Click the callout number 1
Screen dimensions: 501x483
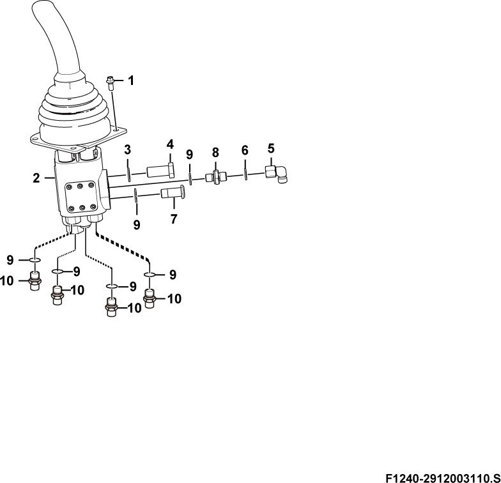(x=130, y=80)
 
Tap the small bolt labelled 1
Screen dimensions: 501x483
(x=110, y=83)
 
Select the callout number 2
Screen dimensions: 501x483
(x=36, y=178)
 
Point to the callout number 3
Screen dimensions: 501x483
(x=128, y=149)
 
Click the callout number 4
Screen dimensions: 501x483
(x=170, y=144)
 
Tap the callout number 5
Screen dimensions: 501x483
(x=271, y=148)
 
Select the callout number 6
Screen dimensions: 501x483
(x=245, y=149)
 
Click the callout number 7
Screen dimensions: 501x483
(x=174, y=219)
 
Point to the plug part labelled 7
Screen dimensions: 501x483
(x=173, y=192)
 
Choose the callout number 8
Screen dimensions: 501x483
(x=216, y=153)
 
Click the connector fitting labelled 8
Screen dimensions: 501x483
(x=216, y=177)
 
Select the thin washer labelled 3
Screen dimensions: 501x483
(x=128, y=174)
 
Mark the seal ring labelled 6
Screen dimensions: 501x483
(x=245, y=174)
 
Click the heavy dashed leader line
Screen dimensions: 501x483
(x=123, y=246)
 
